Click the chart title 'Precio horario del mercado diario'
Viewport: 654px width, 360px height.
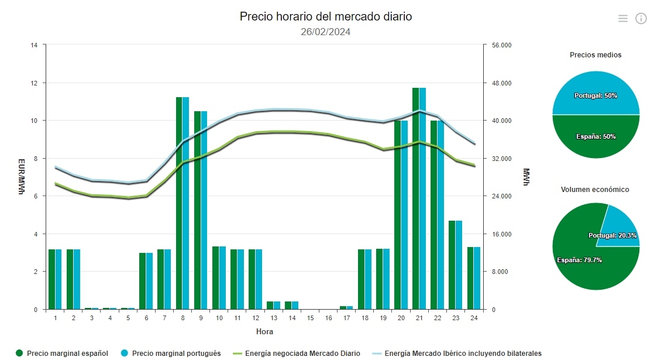click(x=326, y=16)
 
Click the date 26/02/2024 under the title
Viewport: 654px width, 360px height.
click(x=326, y=32)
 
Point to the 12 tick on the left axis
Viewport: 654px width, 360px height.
click(x=35, y=83)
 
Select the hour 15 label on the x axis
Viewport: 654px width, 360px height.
click(x=310, y=318)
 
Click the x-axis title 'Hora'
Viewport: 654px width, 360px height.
click(x=264, y=332)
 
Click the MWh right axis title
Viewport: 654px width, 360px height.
click(x=526, y=177)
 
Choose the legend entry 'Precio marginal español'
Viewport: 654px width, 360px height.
click(x=62, y=353)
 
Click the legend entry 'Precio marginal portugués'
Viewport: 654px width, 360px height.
click(x=171, y=353)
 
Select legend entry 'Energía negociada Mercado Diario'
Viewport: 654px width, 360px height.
click(x=297, y=353)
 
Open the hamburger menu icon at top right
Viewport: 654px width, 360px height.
click(x=623, y=19)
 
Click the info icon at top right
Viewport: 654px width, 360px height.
click(x=641, y=19)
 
